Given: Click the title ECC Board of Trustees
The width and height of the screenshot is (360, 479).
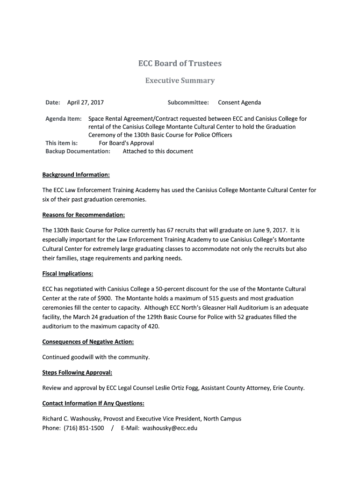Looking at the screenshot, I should click(x=180, y=63).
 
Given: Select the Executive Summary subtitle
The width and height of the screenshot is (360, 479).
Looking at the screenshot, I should click(x=180, y=80).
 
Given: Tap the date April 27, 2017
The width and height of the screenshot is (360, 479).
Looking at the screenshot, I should click(x=86, y=102).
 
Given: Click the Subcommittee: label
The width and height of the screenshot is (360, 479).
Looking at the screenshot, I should click(x=188, y=102).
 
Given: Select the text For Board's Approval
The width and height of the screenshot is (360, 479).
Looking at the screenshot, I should click(x=126, y=143).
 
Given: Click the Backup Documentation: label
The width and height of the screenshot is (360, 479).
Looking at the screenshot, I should click(x=78, y=151).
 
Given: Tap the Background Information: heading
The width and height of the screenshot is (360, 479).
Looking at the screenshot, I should click(x=76, y=174).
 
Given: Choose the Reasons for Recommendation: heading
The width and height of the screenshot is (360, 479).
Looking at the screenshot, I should click(x=84, y=215).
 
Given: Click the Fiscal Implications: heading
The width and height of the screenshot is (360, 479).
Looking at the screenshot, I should click(x=68, y=273).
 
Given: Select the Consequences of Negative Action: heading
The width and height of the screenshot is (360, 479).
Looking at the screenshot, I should click(x=88, y=341).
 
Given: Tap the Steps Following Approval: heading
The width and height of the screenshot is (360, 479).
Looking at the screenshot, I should click(x=77, y=372).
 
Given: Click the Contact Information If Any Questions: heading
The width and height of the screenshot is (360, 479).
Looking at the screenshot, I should click(x=93, y=403).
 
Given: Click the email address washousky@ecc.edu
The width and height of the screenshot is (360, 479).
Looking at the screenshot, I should click(x=170, y=428).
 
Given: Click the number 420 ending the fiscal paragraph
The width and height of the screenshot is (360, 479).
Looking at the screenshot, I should click(x=153, y=326).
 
